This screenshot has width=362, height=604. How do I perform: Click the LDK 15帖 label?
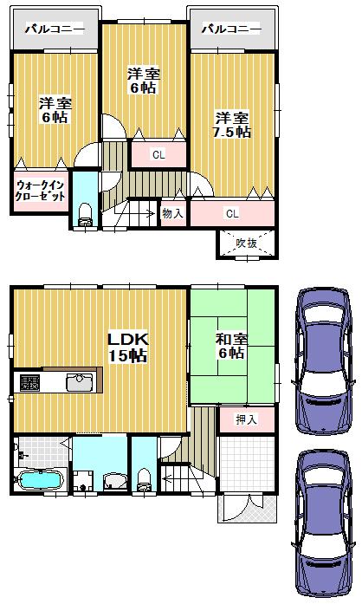(126, 346)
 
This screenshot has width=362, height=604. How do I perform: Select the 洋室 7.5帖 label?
(232, 126)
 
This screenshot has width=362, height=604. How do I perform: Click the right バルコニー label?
(230, 29)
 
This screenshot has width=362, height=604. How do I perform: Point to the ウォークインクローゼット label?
(40, 190)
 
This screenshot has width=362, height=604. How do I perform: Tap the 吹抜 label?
(246, 244)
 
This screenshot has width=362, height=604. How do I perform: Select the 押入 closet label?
(247, 419)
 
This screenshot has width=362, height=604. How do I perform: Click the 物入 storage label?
(171, 212)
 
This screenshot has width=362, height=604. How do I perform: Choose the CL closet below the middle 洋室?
(158, 155)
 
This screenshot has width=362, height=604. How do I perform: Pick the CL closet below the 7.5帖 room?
(232, 213)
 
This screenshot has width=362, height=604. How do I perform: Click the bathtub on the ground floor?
(39, 479)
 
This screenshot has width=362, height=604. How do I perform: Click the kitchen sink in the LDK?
(80, 382)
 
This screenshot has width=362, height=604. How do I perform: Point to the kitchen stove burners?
(29, 382)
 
